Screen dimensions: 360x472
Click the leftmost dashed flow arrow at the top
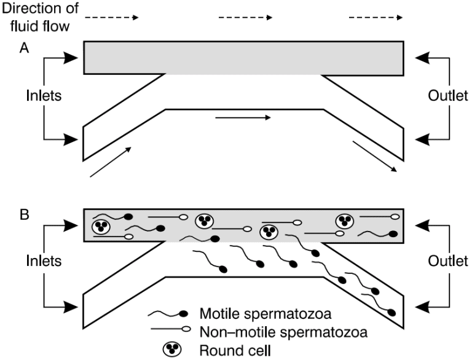[111, 18]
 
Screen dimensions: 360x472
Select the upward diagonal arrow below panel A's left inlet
[111, 162]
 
